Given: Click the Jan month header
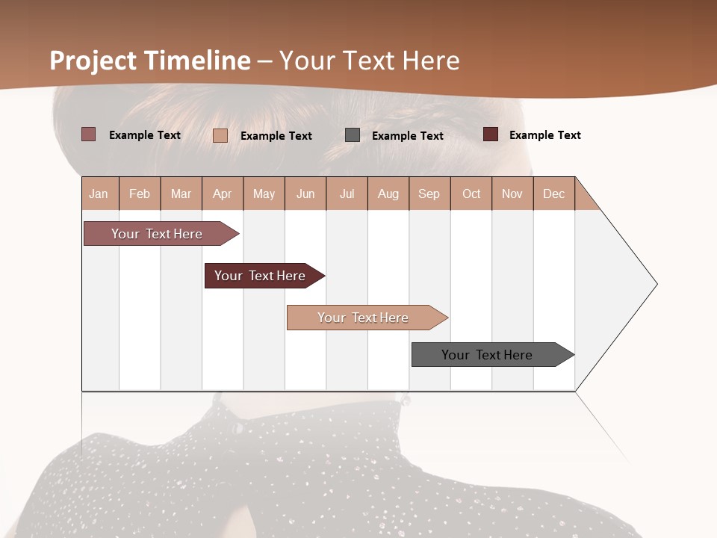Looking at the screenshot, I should click(99, 194).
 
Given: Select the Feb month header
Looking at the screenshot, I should click(140, 194).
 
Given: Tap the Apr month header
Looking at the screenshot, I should click(223, 194).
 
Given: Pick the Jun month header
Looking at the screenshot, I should click(305, 194).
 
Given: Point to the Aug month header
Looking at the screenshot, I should click(388, 194).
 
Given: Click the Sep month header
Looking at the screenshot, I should click(429, 194).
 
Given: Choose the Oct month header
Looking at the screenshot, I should click(471, 194).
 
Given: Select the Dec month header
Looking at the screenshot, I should click(554, 194).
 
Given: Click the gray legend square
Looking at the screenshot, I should click(353, 135).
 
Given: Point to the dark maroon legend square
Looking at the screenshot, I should click(491, 134).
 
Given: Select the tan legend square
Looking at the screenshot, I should click(220, 135).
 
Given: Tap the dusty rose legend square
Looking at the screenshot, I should click(89, 134).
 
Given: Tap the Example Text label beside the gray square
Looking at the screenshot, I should click(408, 136).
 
